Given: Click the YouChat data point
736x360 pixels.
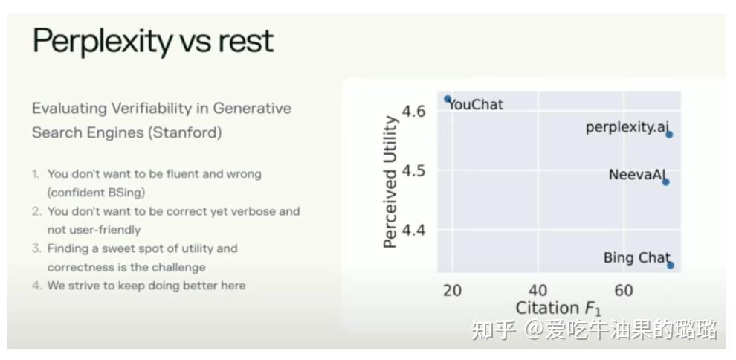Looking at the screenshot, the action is tap(448, 99).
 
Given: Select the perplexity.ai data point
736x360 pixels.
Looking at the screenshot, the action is tap(669, 135).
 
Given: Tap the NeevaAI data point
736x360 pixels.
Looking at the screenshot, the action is tap(665, 181).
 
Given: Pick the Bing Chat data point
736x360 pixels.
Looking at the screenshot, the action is tap(671, 266).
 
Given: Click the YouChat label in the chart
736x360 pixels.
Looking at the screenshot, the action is tap(476, 105).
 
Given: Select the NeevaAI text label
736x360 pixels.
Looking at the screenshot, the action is tap(637, 175).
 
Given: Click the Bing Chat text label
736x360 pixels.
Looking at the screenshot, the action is tap(636, 257).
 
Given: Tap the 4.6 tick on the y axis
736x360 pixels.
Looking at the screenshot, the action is tap(413, 112).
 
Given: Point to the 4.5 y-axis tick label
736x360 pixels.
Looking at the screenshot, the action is tap(413, 171).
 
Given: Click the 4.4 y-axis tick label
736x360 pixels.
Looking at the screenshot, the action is tap(413, 231).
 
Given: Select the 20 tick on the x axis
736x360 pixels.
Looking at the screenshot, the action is tap(452, 291).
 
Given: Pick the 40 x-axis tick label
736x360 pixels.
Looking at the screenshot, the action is tap(538, 291).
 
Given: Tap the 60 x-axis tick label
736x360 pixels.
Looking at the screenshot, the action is tap(624, 291).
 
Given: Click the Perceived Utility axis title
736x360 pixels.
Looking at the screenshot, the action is tap(390, 181).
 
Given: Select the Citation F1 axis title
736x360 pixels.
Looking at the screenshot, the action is tap(558, 309).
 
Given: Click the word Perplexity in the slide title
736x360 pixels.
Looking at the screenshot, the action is tap(103, 42).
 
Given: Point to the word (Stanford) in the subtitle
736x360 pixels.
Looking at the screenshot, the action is tap(185, 132).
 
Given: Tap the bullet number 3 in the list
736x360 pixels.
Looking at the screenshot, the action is tap(36, 248).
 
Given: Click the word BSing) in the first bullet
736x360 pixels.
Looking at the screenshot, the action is tap(128, 193).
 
